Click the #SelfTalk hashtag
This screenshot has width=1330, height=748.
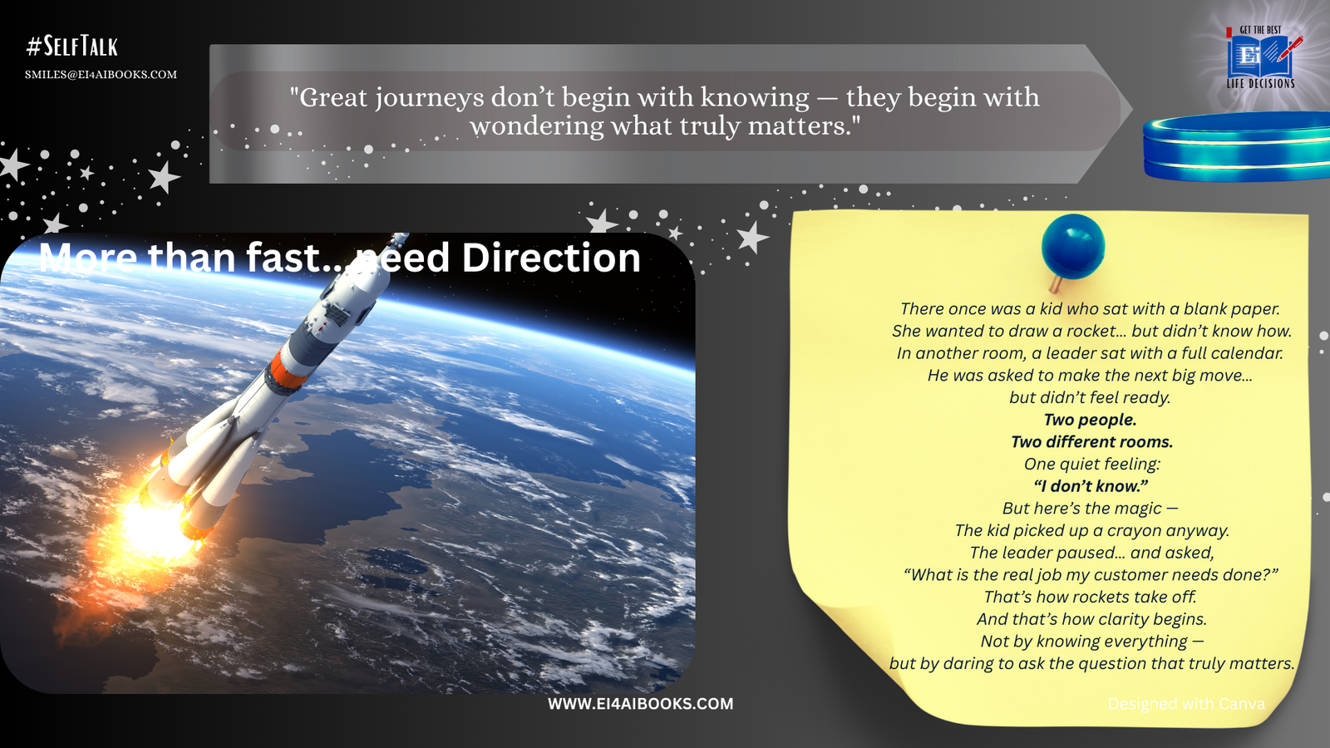pos(71,46)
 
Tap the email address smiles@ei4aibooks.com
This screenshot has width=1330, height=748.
pos(101,75)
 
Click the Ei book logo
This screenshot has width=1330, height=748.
pos(1261,57)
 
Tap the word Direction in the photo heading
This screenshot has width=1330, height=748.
pos(551,258)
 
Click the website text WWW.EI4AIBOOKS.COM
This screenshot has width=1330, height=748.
pos(640,704)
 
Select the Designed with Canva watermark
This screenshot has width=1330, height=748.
pos(1186,704)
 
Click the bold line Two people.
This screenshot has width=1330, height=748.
pos(1090,420)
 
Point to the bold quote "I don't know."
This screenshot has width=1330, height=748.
pos(1091,486)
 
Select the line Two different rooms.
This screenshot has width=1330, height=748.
pos(1092,441)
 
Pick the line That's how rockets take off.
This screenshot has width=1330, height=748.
pos(1090,597)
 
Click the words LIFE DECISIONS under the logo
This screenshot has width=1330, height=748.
pos(1260,84)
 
